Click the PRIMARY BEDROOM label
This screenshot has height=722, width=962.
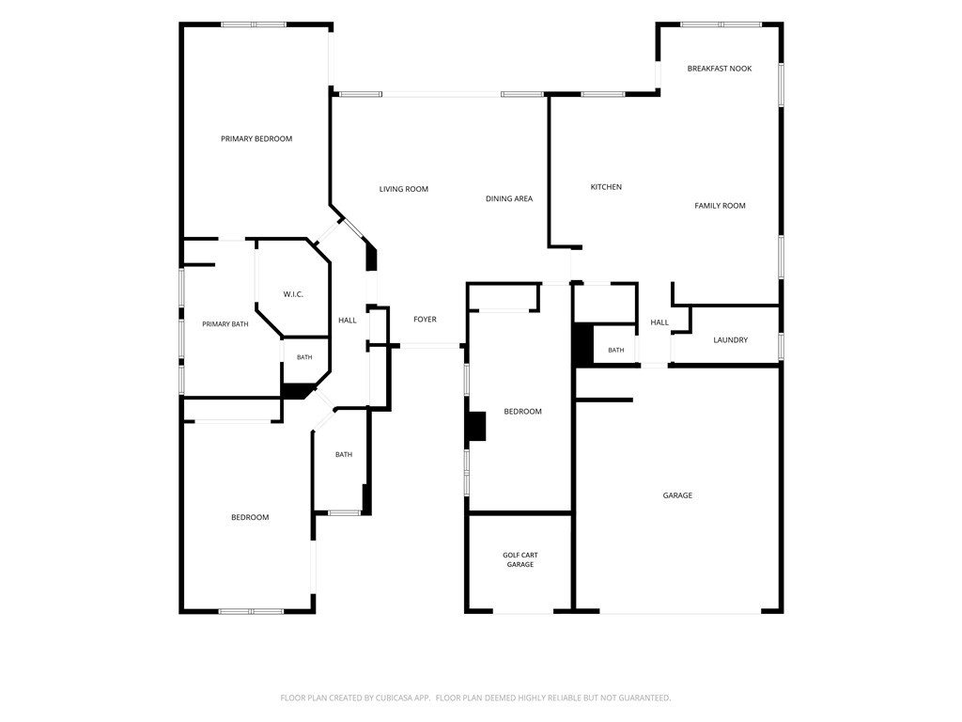pyautogui.click(x=256, y=139)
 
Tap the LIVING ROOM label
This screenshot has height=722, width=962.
pyautogui.click(x=404, y=189)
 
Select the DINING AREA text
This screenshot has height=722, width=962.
pyautogui.click(x=509, y=199)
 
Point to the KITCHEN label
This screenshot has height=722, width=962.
pyautogui.click(x=606, y=187)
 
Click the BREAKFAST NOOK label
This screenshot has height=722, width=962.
pyautogui.click(x=720, y=69)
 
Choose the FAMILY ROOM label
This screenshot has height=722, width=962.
pyautogui.click(x=721, y=206)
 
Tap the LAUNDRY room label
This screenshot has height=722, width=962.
pyautogui.click(x=731, y=340)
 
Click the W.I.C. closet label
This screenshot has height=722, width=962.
pyautogui.click(x=293, y=294)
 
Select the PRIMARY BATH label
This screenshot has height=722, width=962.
pyautogui.click(x=225, y=324)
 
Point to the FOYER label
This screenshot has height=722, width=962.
pyautogui.click(x=426, y=320)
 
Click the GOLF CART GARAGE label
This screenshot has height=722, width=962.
pyautogui.click(x=520, y=560)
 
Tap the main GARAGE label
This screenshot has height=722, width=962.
pyautogui.click(x=677, y=495)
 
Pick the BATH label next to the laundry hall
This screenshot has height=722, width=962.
pyautogui.click(x=616, y=351)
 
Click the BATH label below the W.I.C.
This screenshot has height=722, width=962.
pyautogui.click(x=304, y=357)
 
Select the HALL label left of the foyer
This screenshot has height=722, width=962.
pyautogui.click(x=348, y=321)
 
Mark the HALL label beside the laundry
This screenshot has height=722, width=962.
pyautogui.click(x=659, y=322)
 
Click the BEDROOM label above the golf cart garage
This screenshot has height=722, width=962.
pyautogui.click(x=522, y=412)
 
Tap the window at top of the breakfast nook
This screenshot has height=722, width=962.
pyautogui.click(x=721, y=24)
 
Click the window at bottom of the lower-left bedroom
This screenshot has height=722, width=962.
pyautogui.click(x=252, y=611)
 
